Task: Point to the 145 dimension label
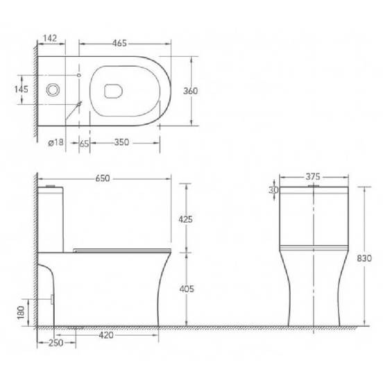point(20,90)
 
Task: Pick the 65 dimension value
point(83,142)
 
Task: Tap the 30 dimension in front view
point(275,189)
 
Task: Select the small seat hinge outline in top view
point(112,89)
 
